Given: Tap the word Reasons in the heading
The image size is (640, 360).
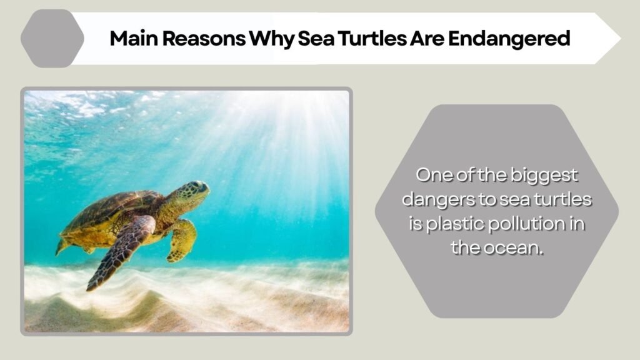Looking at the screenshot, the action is [204, 38].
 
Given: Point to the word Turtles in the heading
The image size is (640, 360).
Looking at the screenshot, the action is [372, 38].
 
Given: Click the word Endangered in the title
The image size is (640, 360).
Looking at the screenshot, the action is [509, 39].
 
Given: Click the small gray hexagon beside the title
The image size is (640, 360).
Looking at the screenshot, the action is [52, 38].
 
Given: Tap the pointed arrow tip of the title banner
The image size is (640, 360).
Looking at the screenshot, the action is [621, 38].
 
